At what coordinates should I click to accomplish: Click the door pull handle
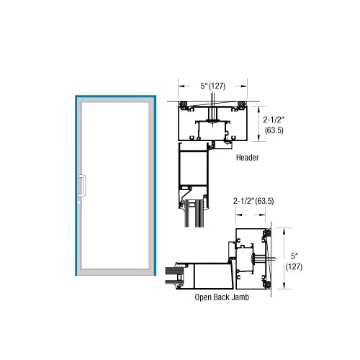(82, 186)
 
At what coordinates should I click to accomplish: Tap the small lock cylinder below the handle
(80, 203)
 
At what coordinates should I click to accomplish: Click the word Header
(248, 158)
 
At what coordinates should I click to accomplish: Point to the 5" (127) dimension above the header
(213, 86)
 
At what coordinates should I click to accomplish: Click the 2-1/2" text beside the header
(274, 120)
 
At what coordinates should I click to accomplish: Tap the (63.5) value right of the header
(274, 130)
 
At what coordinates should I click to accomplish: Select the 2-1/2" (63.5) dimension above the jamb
(253, 201)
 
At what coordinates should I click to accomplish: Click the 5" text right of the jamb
(294, 256)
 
